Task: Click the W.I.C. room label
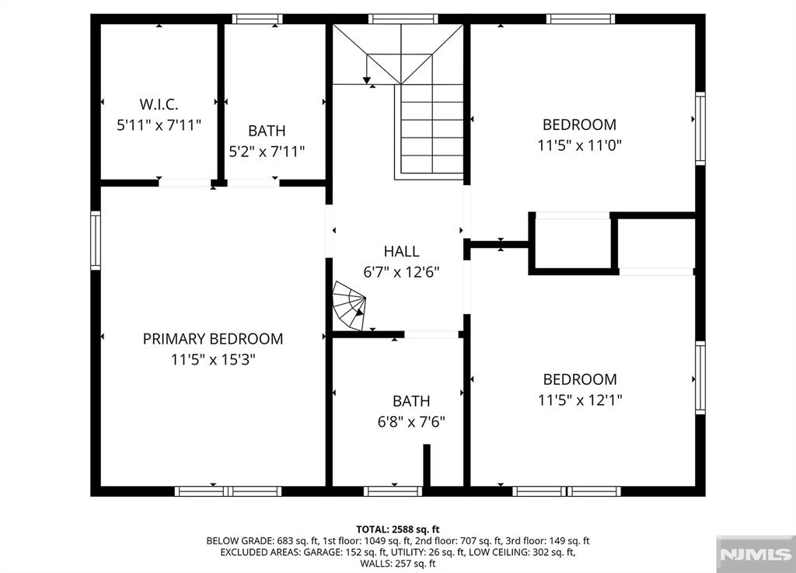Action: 159,103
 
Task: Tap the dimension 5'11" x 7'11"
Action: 159,124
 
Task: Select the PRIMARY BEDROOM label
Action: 212,339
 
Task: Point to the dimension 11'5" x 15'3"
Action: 212,360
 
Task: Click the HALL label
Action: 401,251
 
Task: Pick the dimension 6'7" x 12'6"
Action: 401,273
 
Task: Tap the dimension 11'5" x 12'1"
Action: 579,400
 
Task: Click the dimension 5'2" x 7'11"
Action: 266,152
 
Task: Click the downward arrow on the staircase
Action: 366,79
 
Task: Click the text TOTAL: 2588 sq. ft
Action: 397,529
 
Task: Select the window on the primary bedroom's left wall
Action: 96,241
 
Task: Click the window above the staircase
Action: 403,19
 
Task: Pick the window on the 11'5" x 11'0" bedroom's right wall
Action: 700,129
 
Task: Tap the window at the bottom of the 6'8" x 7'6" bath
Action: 393,491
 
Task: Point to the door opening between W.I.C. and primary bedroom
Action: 185,183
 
